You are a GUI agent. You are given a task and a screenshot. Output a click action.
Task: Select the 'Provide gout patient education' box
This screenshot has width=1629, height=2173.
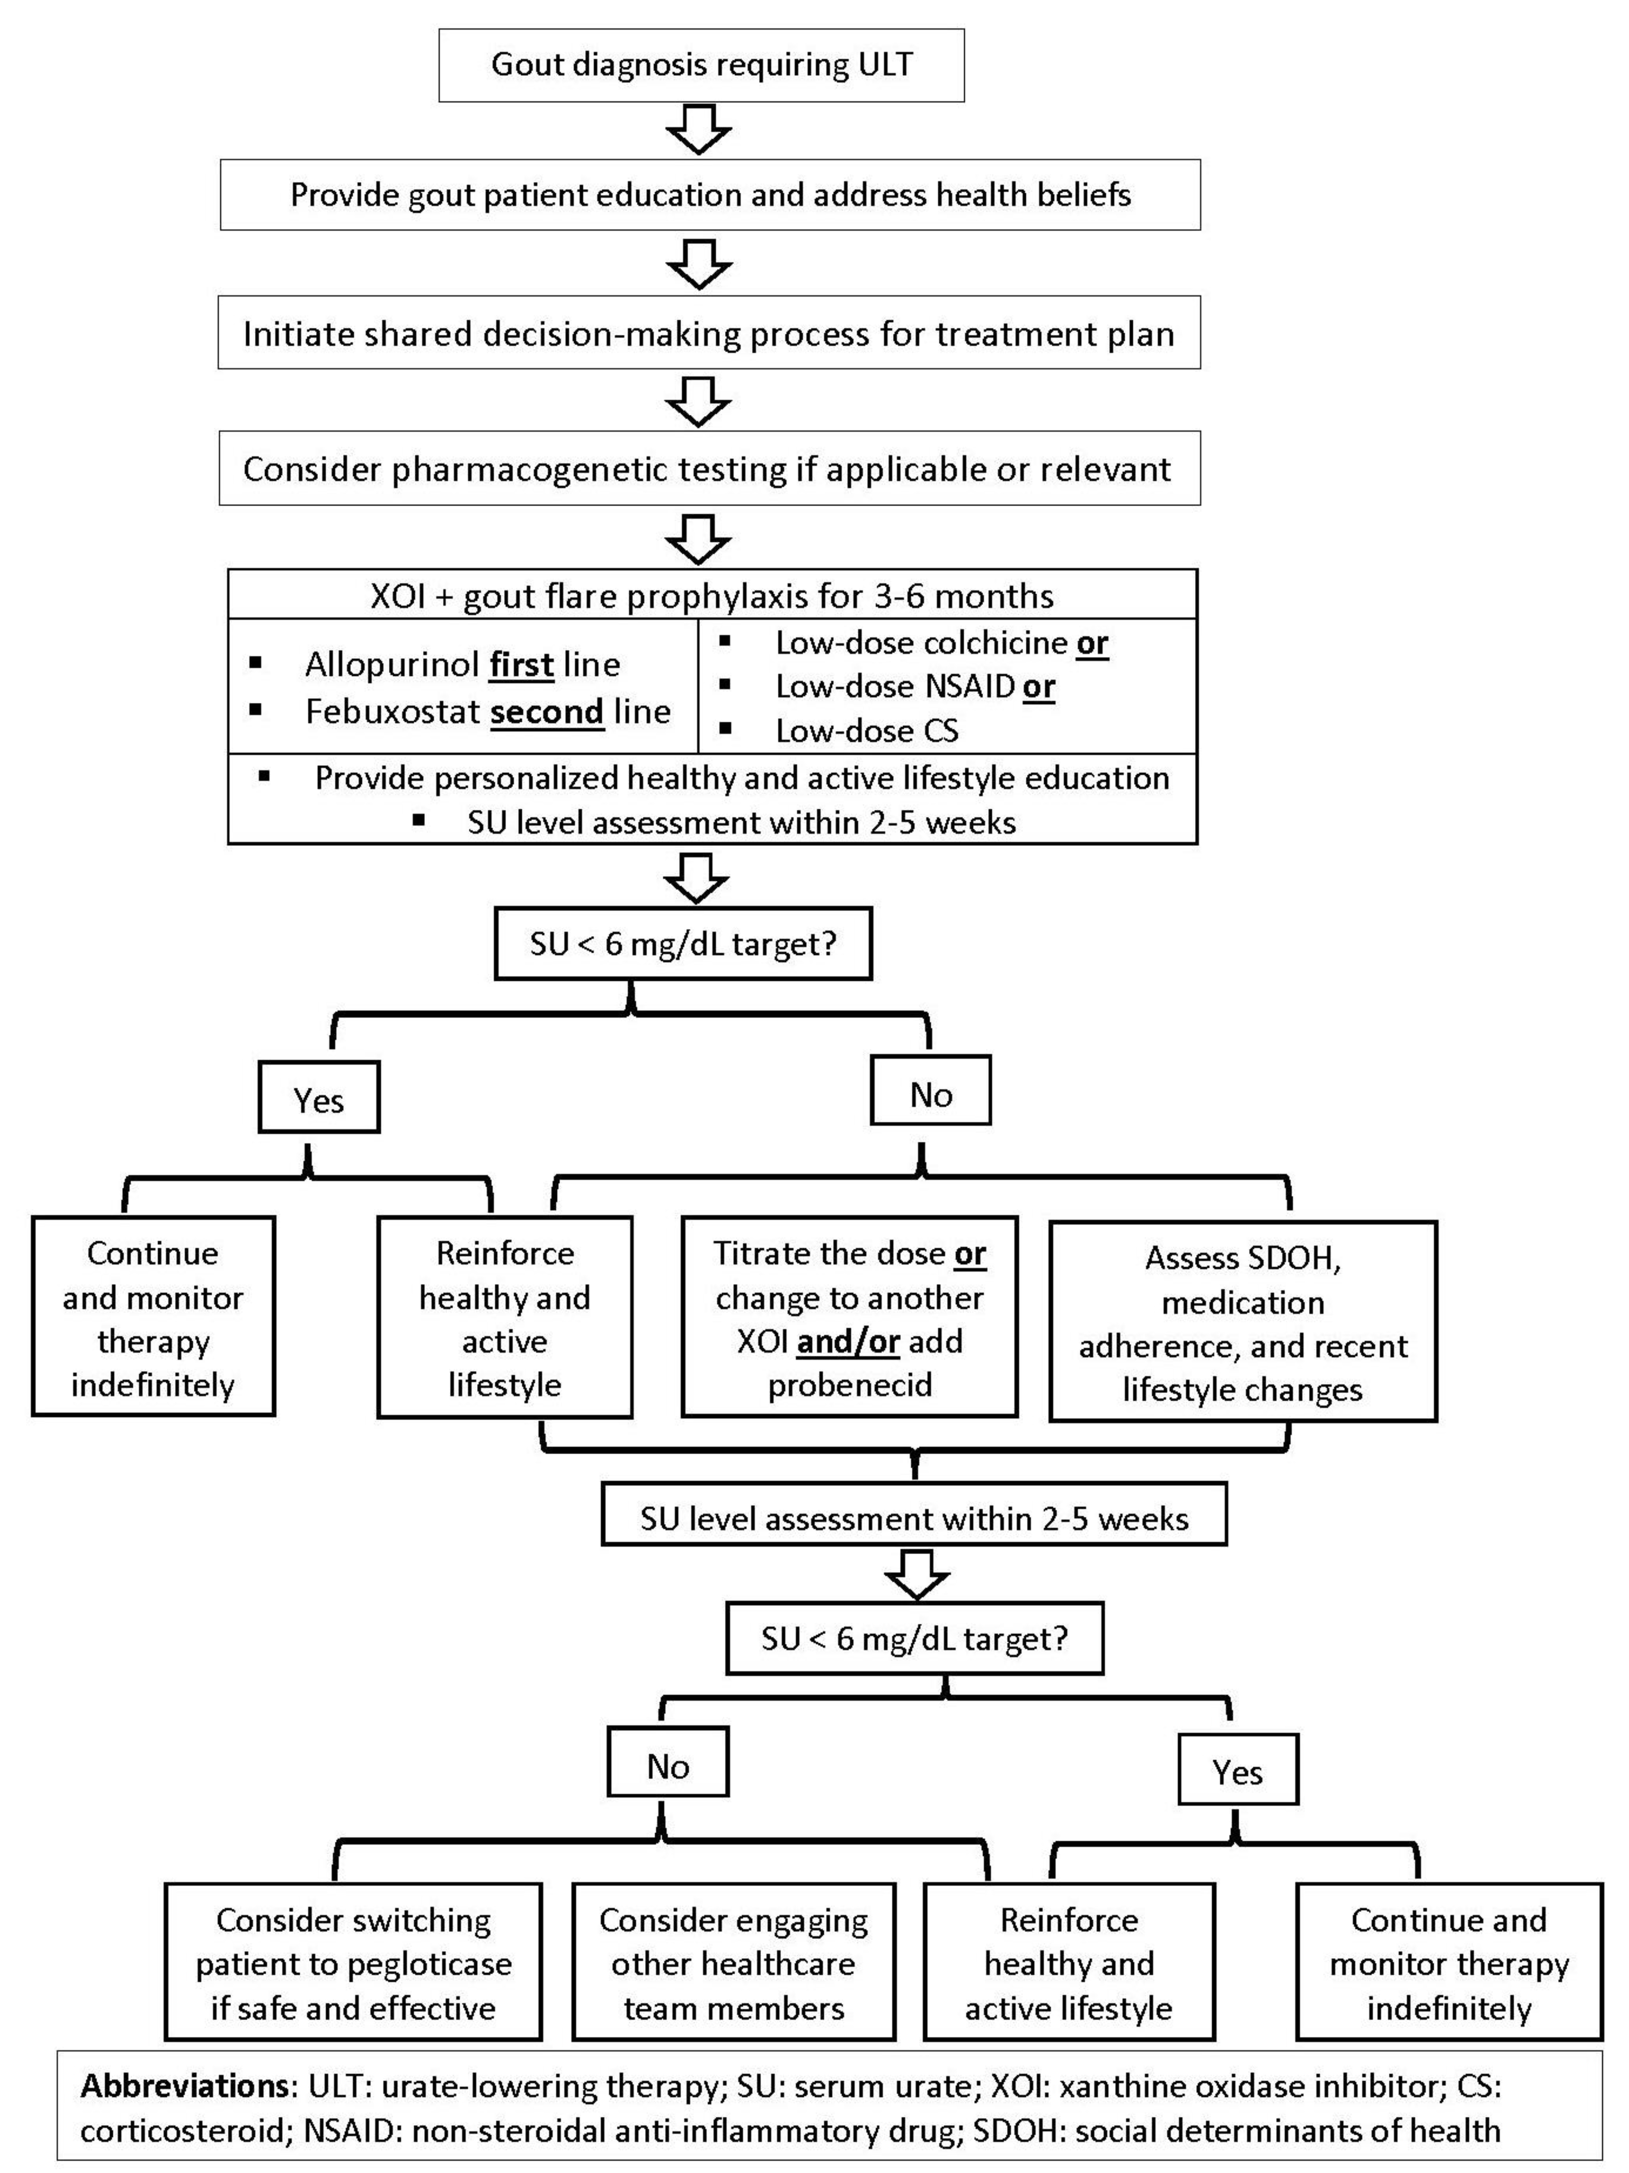709,195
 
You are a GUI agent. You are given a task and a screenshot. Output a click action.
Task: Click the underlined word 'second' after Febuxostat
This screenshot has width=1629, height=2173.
546,711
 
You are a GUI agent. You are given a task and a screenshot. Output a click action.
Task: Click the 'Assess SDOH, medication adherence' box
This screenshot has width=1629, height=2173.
1243,1322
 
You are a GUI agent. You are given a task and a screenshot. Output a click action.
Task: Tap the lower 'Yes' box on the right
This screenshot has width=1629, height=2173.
1237,1772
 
